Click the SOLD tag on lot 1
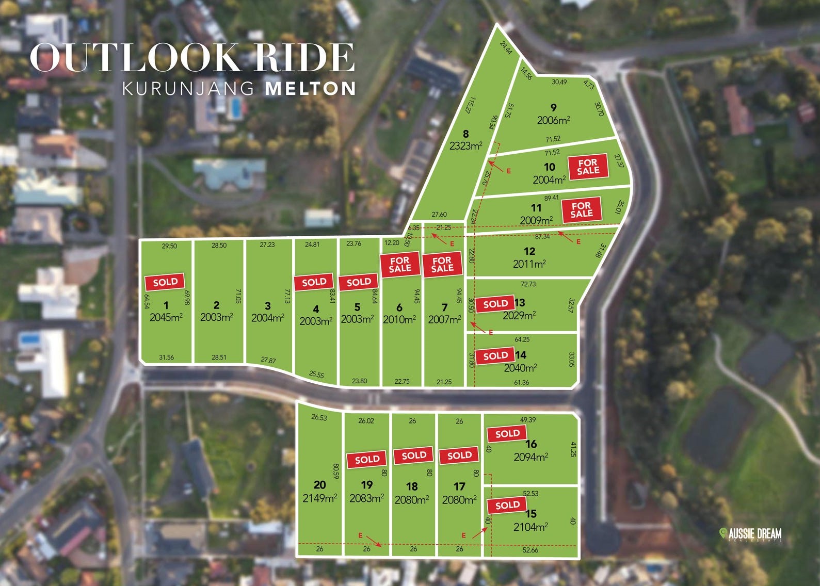(x=165, y=282)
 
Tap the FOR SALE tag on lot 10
(x=588, y=167)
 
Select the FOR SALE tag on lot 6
(x=399, y=264)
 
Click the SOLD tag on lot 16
(x=507, y=434)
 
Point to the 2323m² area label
(x=465, y=146)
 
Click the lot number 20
(x=320, y=484)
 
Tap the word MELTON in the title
(x=310, y=88)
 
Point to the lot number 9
(x=554, y=108)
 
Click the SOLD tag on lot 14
(x=495, y=355)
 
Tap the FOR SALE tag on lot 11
(x=581, y=210)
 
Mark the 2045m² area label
(x=166, y=317)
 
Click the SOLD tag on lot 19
(x=367, y=459)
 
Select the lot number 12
(x=529, y=251)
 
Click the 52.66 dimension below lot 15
(x=530, y=550)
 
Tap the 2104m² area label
(x=530, y=527)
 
